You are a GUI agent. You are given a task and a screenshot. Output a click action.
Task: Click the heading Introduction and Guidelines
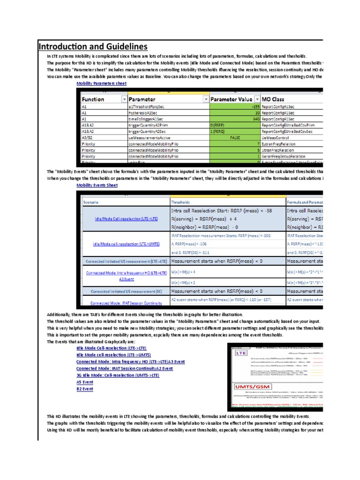click(x=93, y=46)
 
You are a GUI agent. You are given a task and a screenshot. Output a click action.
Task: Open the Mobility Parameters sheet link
click(x=101, y=83)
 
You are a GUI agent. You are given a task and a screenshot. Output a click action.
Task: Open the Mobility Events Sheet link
click(x=97, y=185)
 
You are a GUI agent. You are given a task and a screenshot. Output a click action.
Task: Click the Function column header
click(x=93, y=99)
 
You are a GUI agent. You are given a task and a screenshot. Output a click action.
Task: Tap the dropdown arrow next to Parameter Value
click(x=257, y=99)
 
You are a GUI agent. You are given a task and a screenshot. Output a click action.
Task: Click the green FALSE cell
click(x=235, y=138)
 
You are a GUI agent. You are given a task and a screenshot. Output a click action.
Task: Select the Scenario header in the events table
click(x=91, y=202)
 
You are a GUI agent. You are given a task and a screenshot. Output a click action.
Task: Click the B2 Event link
click(x=85, y=389)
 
